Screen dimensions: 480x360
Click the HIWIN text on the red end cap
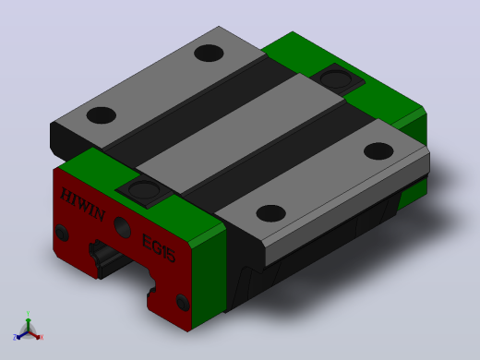(83, 204)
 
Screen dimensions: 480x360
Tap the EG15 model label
(159, 248)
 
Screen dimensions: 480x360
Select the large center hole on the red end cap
(122, 227)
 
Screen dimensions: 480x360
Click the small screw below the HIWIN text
(62, 234)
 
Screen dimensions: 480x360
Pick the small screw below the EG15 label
(182, 302)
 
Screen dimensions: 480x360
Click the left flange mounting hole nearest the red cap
(102, 115)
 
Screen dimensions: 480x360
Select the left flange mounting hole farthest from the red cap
(209, 53)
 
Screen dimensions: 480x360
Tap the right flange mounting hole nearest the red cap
(270, 213)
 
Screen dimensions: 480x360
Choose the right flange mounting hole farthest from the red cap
(378, 151)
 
